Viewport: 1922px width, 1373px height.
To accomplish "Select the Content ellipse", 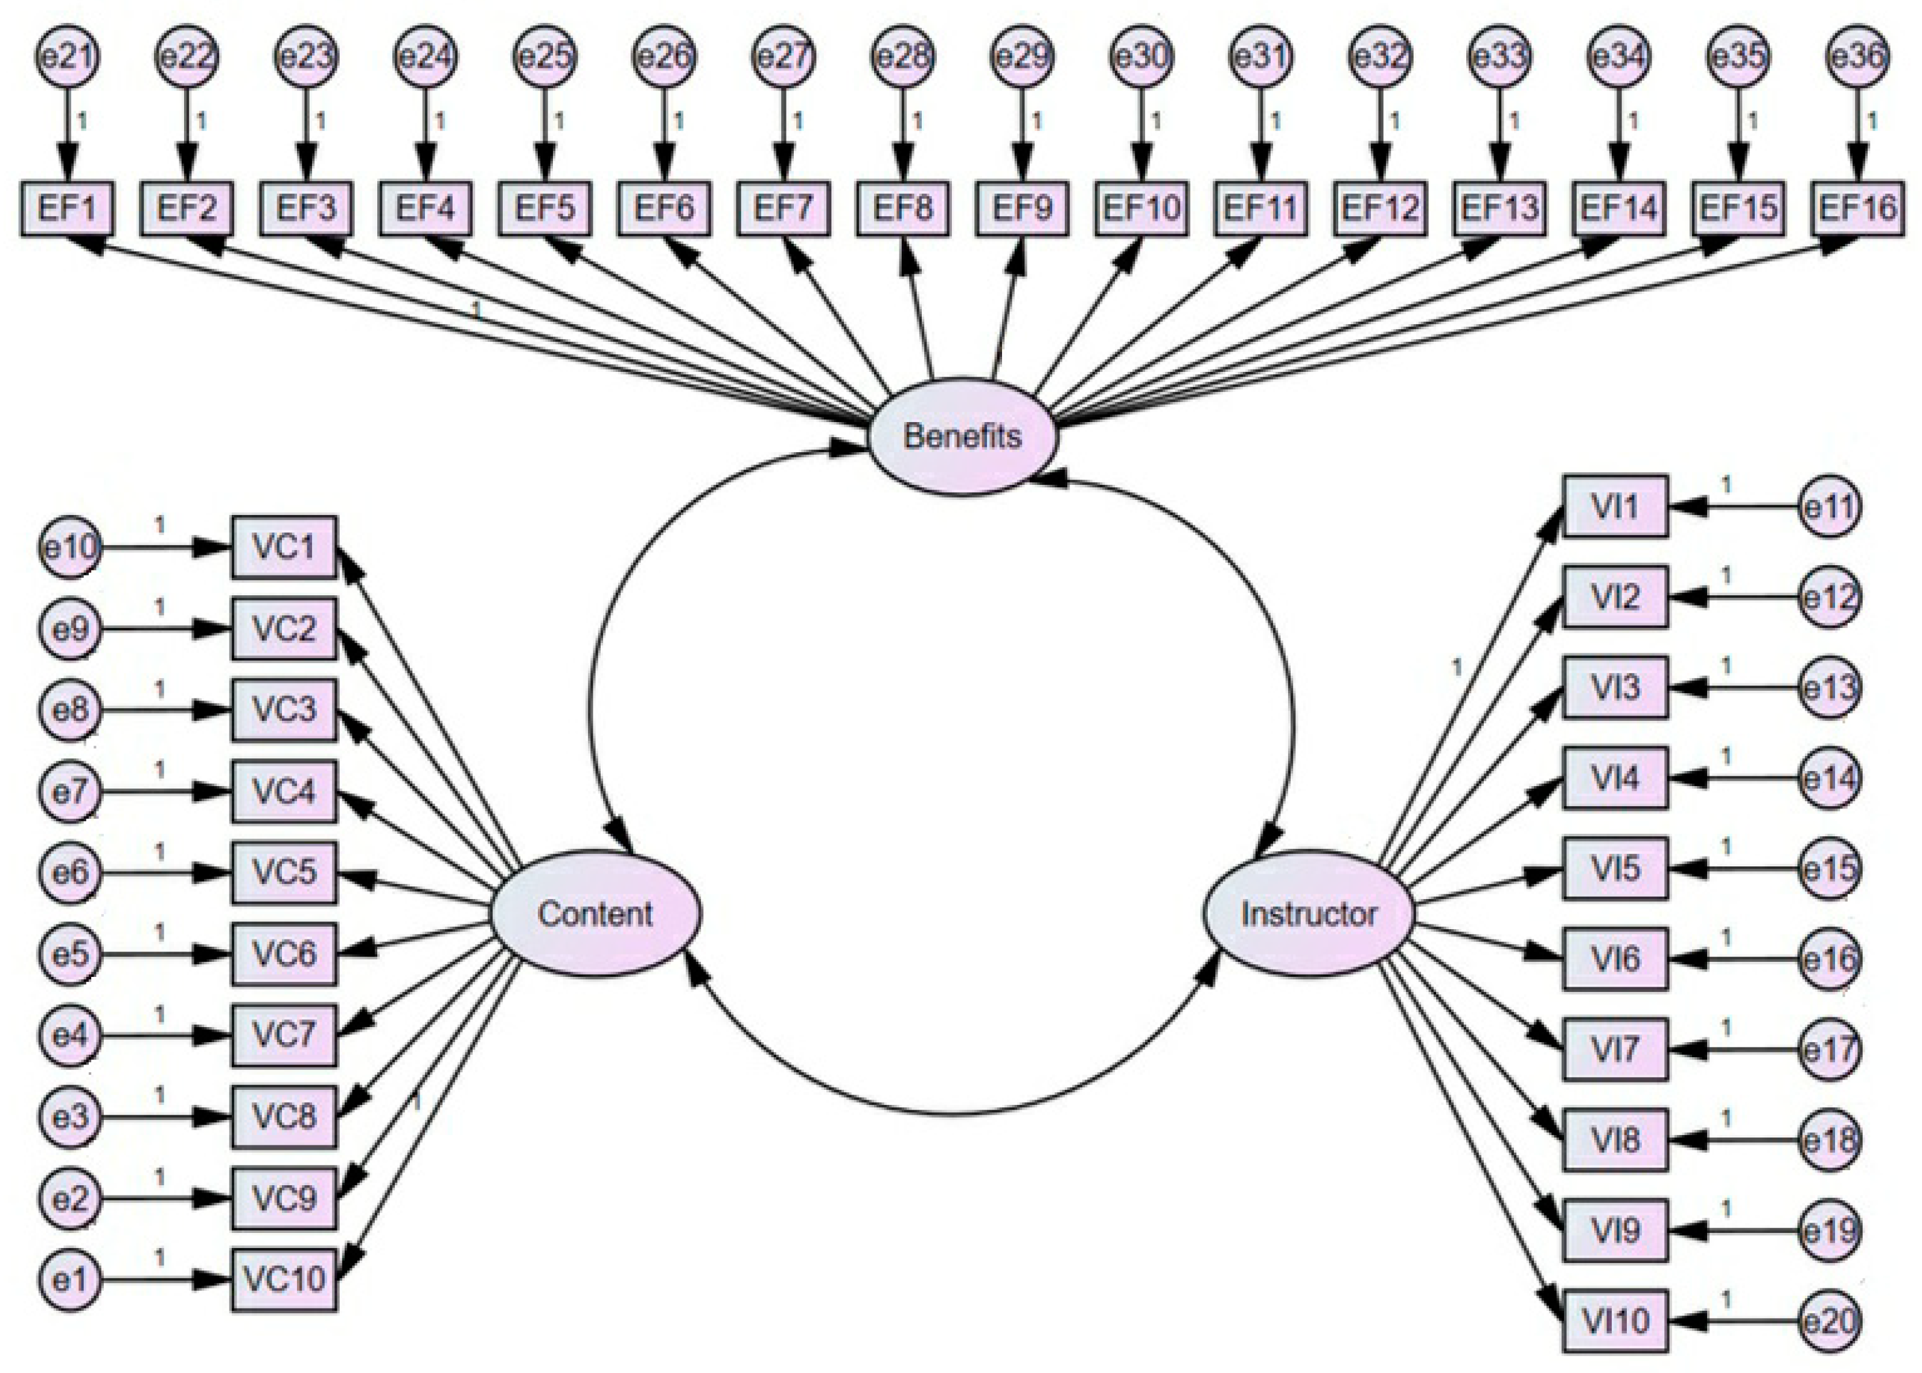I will pyautogui.click(x=596, y=913).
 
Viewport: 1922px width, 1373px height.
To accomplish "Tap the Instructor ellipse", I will pyautogui.click(x=1308, y=913).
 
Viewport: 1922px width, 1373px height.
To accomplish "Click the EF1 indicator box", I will pyautogui.click(x=67, y=208).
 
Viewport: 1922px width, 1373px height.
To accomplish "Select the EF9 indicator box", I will pyautogui.click(x=1022, y=208).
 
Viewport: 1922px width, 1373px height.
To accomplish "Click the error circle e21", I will pyautogui.click(x=67, y=57).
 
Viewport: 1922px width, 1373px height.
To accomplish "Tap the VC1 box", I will pyautogui.click(x=284, y=547).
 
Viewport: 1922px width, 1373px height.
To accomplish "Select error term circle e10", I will pyautogui.click(x=69, y=547).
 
